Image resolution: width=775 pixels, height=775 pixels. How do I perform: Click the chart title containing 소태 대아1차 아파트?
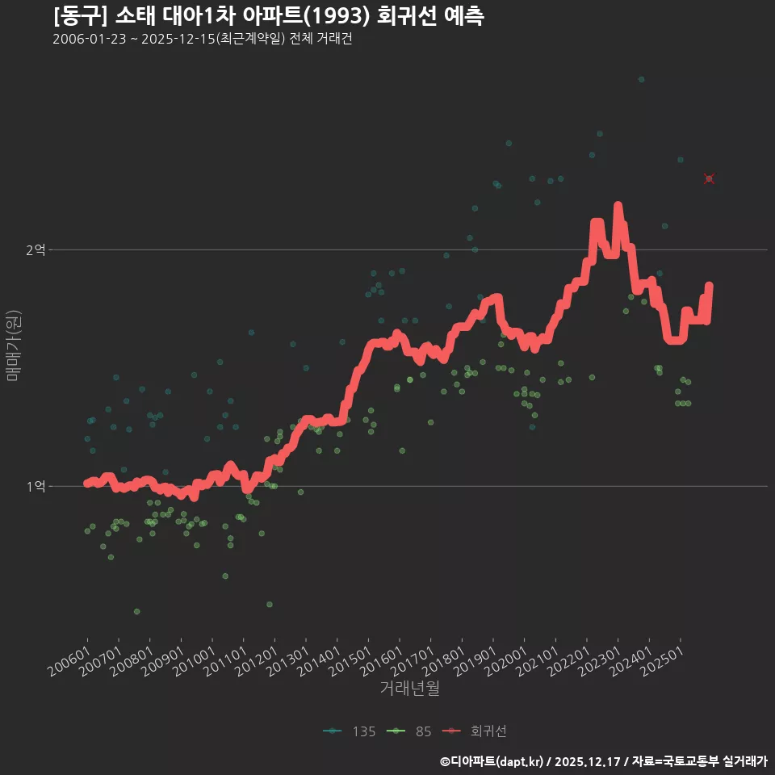point(268,15)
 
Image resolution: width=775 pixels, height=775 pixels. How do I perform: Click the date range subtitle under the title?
point(202,40)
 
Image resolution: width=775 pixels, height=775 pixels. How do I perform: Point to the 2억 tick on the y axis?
point(35,250)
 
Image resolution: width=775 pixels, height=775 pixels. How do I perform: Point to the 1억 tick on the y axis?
point(35,486)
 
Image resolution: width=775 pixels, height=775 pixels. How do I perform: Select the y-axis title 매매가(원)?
point(13,346)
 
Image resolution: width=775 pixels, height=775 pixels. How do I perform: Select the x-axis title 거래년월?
point(409,688)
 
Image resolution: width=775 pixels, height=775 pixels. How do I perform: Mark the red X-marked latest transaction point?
point(709,178)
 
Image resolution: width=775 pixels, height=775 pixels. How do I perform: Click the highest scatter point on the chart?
point(641,79)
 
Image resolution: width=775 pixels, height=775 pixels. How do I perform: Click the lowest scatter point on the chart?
point(137,611)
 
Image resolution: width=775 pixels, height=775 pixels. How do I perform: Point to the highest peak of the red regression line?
point(618,206)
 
